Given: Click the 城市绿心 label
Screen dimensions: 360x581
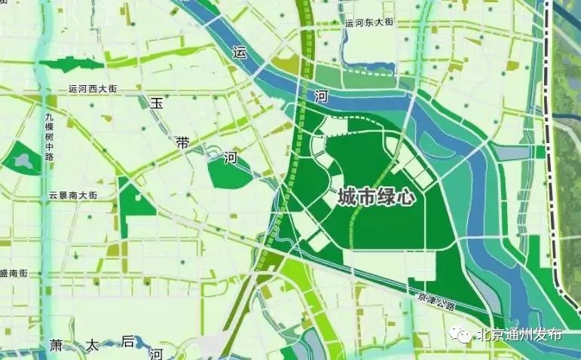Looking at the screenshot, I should click(376, 197).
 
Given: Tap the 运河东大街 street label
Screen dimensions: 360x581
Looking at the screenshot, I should click(369, 23).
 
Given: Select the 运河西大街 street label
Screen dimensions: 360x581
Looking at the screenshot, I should click(92, 88).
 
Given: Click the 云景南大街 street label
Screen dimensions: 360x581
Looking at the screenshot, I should click(73, 195).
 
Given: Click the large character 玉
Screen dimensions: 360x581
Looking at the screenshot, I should click(157, 104).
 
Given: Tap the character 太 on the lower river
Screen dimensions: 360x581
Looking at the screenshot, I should click(92, 345).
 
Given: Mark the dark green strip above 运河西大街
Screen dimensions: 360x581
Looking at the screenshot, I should click(72, 65).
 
